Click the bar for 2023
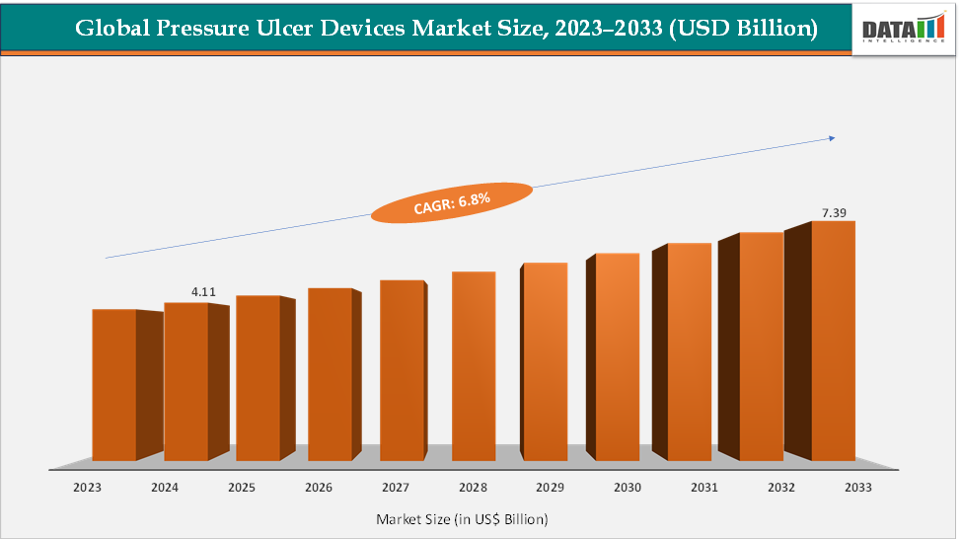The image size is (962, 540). tap(114, 385)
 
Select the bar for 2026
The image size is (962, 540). tap(330, 375)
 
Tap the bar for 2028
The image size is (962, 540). tap(474, 366)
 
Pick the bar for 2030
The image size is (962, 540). tap(618, 357)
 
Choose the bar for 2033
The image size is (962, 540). tap(833, 341)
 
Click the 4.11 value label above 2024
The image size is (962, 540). tap(203, 292)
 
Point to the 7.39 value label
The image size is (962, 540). tap(835, 212)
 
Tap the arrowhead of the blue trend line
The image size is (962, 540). tap(832, 138)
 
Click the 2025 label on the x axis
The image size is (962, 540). tap(242, 488)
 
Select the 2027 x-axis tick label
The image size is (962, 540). tap(396, 488)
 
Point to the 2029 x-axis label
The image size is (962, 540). tap(550, 488)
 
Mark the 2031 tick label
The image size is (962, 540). tap(703, 488)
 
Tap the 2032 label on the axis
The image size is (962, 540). tap(779, 488)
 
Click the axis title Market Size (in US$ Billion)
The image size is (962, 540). tap(462, 518)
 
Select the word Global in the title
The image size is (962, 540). tap(108, 30)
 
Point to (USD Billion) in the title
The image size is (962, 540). tap(742, 30)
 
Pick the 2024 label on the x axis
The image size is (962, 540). tap(165, 488)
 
